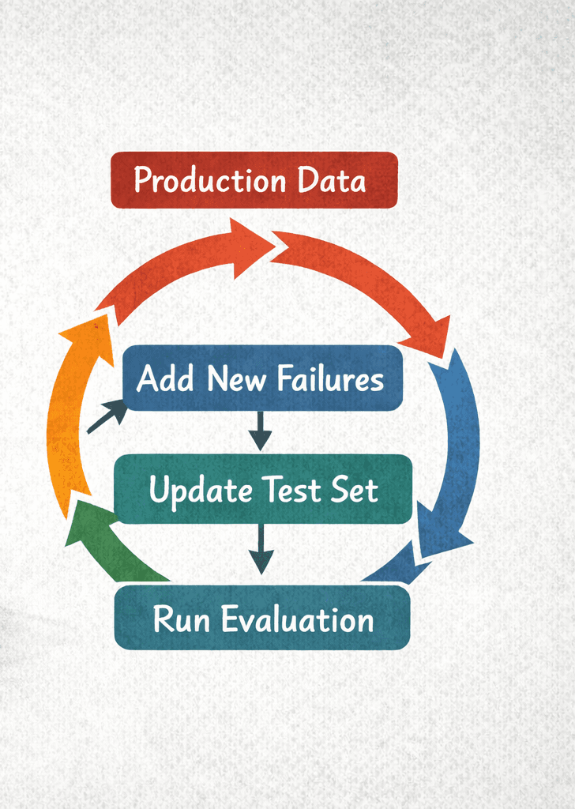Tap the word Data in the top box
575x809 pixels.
(332, 180)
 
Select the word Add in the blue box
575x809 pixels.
(165, 378)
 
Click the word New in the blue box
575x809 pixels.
(235, 378)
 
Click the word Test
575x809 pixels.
(287, 491)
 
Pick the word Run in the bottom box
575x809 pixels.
(182, 619)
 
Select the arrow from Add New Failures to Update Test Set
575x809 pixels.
(260, 431)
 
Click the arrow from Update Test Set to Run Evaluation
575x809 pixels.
(260, 548)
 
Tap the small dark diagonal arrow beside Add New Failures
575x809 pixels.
(107, 416)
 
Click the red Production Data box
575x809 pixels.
(254, 180)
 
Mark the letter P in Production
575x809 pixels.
(142, 180)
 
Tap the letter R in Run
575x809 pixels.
(164, 619)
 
